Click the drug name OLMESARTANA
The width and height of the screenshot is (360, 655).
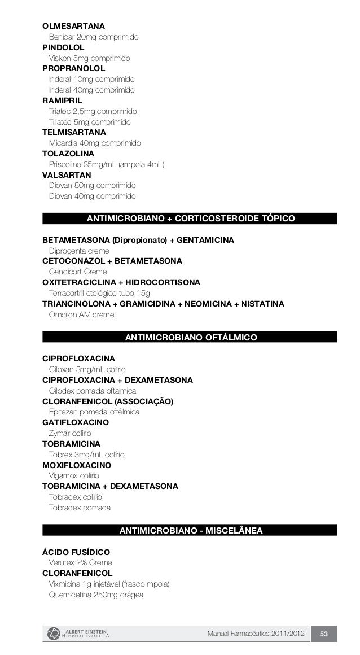73,27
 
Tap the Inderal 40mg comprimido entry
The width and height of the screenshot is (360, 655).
92,90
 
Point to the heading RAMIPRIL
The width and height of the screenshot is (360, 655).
62,101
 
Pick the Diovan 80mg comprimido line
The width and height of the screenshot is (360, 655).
92,185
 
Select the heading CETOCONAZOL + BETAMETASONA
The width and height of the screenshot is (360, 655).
112,261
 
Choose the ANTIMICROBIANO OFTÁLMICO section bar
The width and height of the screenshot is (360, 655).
190,338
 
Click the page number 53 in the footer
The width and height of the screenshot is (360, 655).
324,634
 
